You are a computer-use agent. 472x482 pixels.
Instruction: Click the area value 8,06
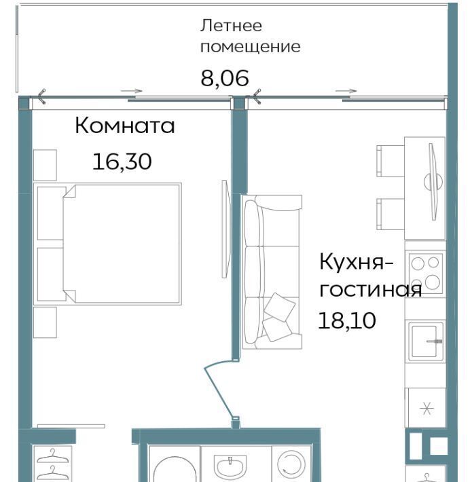click(225, 78)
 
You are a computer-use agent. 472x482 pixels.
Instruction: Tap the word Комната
click(125, 126)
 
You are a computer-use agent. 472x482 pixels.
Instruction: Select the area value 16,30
click(122, 162)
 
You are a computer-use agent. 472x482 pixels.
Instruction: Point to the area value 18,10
click(347, 320)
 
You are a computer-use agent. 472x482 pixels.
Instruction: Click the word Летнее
click(231, 26)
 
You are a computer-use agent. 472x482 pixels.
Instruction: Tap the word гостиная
click(371, 290)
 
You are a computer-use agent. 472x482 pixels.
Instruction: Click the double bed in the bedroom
click(107, 244)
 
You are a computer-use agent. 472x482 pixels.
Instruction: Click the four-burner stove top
click(426, 272)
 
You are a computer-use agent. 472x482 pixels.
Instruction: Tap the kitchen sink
click(426, 341)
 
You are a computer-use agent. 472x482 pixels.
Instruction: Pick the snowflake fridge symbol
click(426, 408)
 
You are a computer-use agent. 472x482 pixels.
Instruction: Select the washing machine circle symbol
click(291, 466)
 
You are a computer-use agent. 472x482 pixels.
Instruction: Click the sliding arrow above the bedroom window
click(131, 91)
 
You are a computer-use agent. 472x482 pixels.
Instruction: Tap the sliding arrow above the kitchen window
click(346, 91)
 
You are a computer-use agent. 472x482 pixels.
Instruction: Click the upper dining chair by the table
click(391, 161)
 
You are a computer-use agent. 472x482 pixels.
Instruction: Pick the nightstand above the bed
click(45, 165)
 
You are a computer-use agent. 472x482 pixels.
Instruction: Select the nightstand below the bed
click(45, 322)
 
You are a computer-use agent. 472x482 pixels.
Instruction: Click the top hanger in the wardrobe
click(52, 456)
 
